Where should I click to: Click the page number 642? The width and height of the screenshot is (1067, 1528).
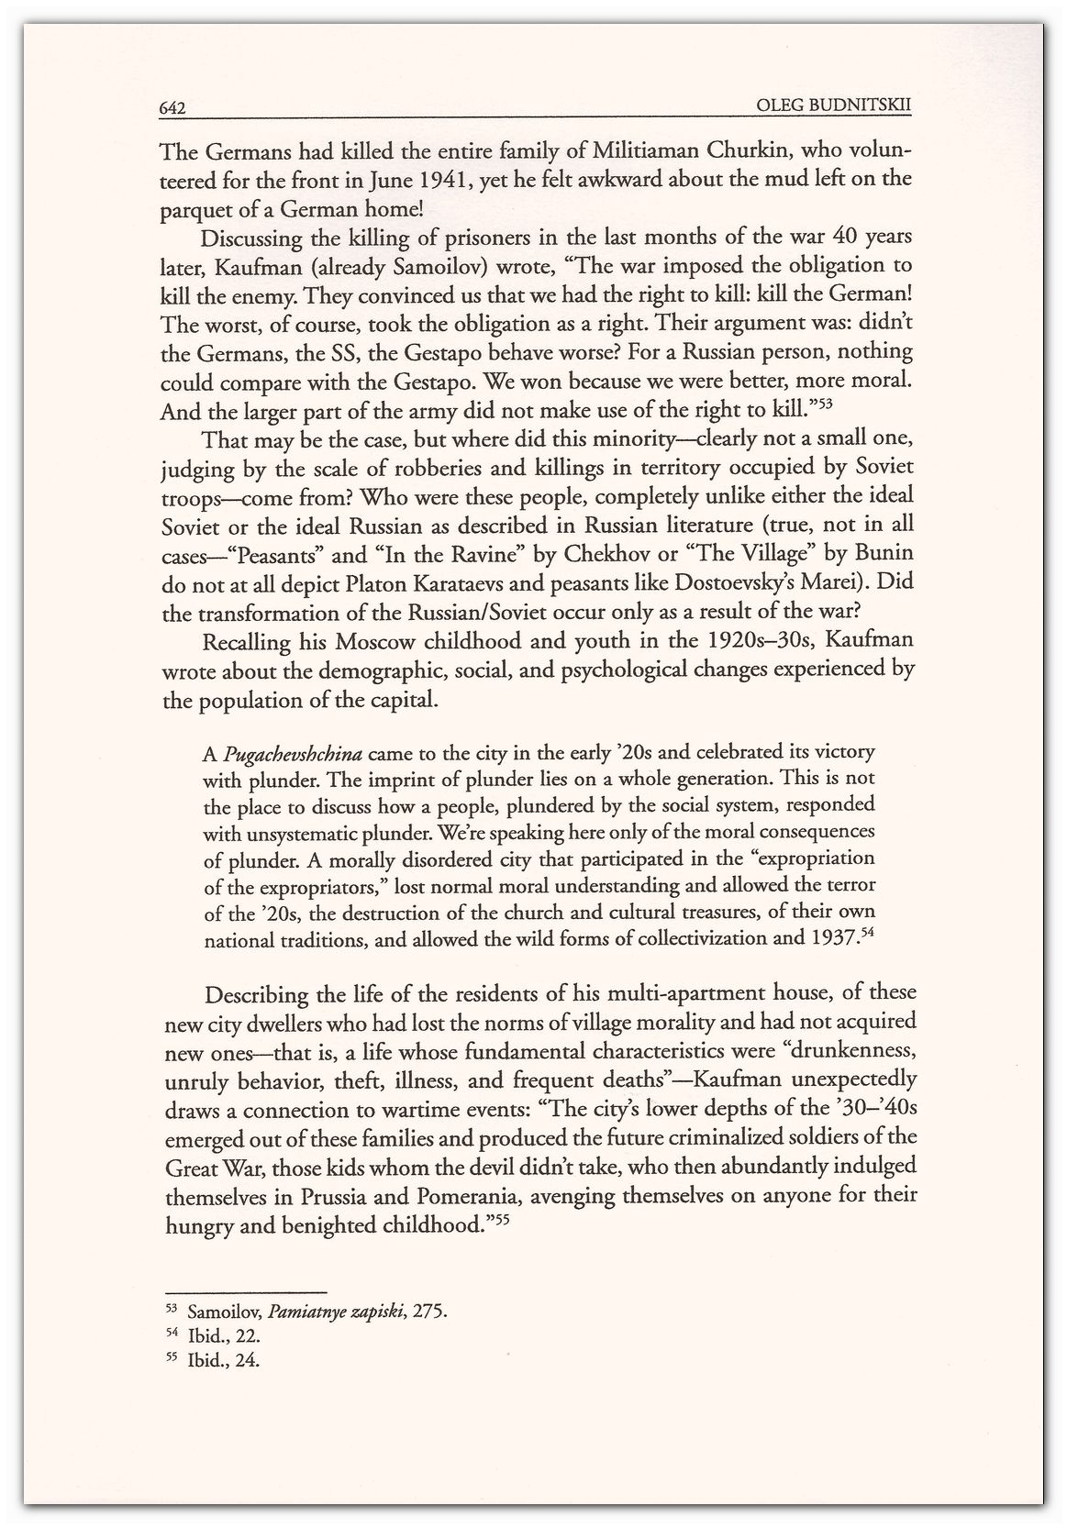coord(173,109)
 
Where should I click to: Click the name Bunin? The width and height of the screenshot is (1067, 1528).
coord(876,555)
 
